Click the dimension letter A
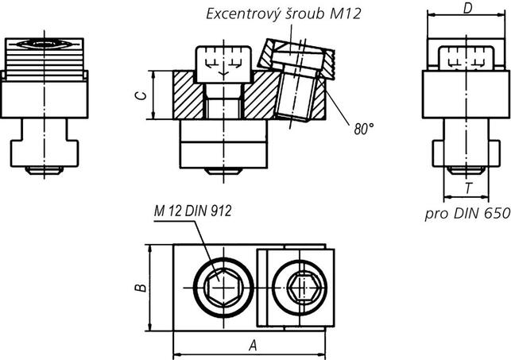coord(253,346)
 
